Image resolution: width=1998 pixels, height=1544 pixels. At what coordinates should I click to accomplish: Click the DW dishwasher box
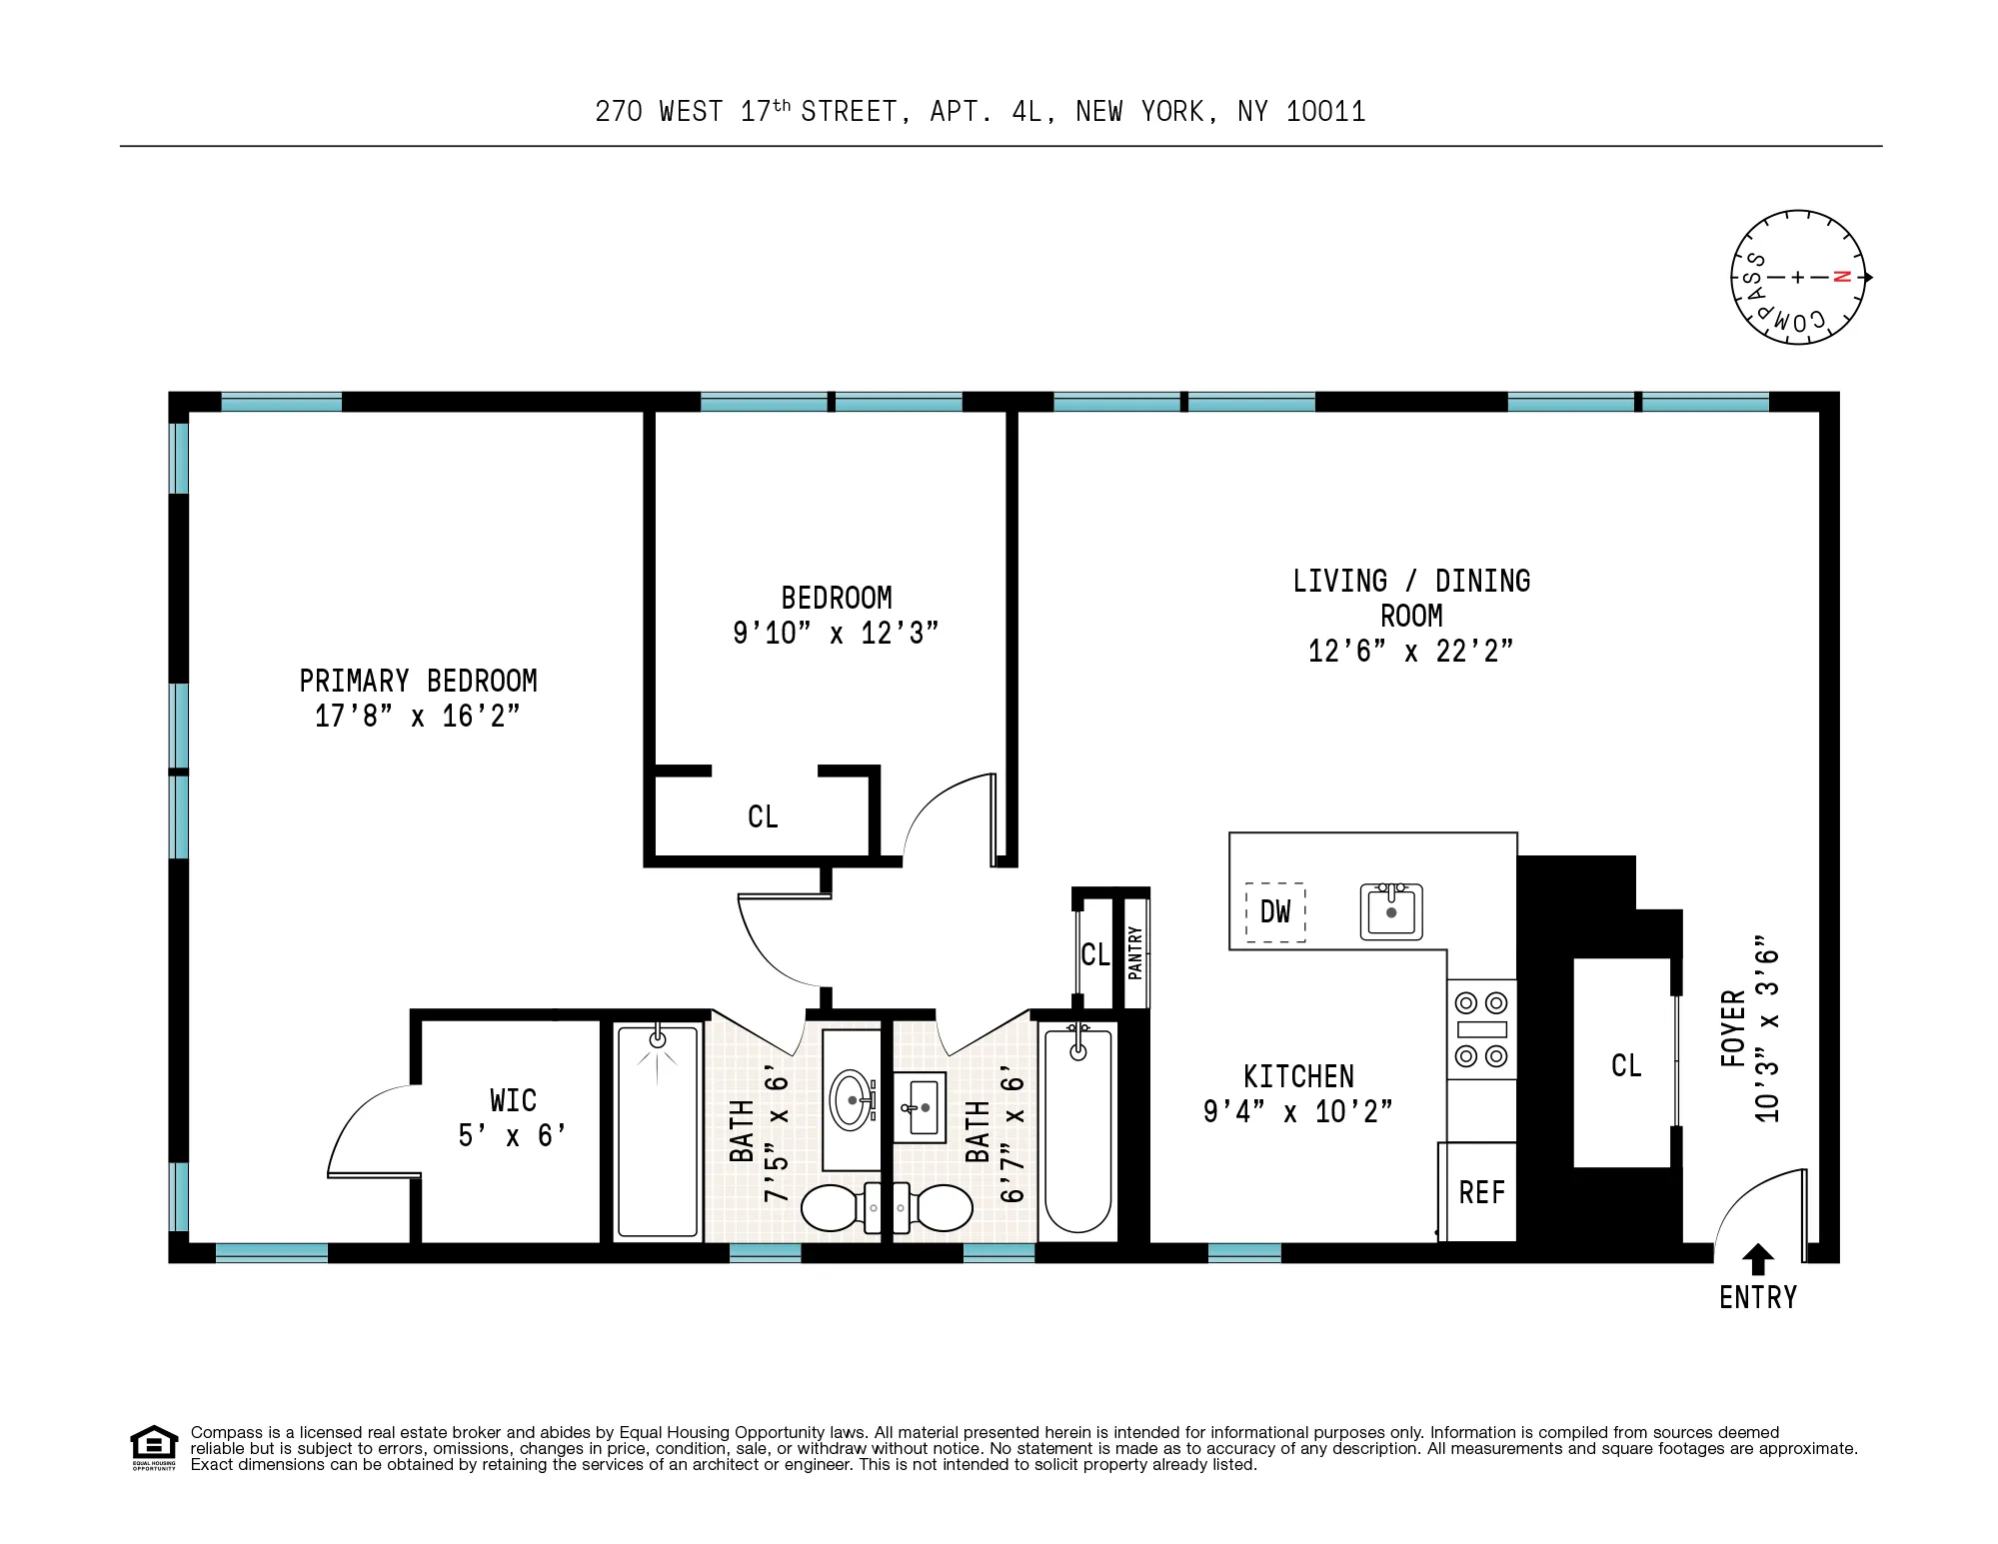[1275, 911]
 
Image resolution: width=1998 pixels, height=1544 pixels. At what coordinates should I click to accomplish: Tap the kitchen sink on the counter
[1391, 911]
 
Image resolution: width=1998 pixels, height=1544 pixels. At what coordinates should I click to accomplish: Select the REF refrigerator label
[1481, 1193]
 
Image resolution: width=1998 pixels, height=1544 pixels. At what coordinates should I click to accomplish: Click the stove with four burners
[1481, 1029]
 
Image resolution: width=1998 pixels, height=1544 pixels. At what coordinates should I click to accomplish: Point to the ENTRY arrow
[1758, 1258]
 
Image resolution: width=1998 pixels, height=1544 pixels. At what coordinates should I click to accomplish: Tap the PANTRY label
[1134, 952]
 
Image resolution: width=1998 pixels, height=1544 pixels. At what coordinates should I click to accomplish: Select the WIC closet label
[513, 1100]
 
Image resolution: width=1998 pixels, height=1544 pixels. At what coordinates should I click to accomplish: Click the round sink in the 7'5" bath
[852, 1100]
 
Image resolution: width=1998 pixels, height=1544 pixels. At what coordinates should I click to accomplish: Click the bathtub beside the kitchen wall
[1077, 1129]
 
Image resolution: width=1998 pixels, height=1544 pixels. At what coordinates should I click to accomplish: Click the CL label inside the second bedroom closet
[763, 817]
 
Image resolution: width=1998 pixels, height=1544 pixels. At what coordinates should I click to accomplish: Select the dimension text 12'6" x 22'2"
[1410, 652]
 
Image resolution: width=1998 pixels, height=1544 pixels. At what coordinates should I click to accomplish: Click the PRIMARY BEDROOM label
[418, 682]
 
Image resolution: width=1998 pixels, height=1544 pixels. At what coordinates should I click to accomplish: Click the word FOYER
[1734, 1029]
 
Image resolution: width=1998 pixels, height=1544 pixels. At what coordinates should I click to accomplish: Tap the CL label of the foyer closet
[1626, 1065]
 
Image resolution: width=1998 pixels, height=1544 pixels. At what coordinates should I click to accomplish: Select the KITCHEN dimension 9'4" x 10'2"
[1297, 1111]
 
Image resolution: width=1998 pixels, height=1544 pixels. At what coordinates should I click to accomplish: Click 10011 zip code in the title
[1325, 112]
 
